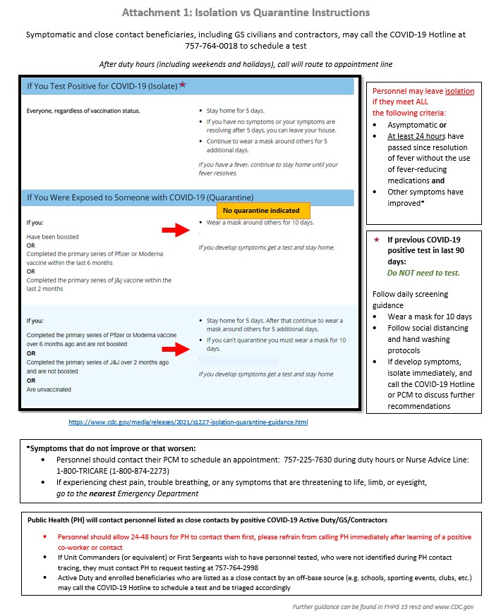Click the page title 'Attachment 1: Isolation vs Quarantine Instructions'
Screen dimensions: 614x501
[x=245, y=13]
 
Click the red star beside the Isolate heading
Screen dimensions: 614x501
[x=183, y=85]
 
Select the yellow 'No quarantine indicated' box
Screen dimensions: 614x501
[x=261, y=210]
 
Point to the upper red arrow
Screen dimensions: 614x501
[x=176, y=228]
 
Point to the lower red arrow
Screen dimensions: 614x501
[x=176, y=349]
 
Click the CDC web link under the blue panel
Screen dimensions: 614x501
[x=188, y=422]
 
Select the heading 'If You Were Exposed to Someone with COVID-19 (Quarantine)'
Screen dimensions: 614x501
[x=140, y=197]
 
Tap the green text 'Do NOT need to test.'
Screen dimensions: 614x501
[x=423, y=272]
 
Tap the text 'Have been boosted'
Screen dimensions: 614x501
[x=53, y=237]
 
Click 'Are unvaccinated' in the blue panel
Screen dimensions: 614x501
[x=49, y=389]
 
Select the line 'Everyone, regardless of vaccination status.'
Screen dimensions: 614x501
[x=83, y=111]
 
